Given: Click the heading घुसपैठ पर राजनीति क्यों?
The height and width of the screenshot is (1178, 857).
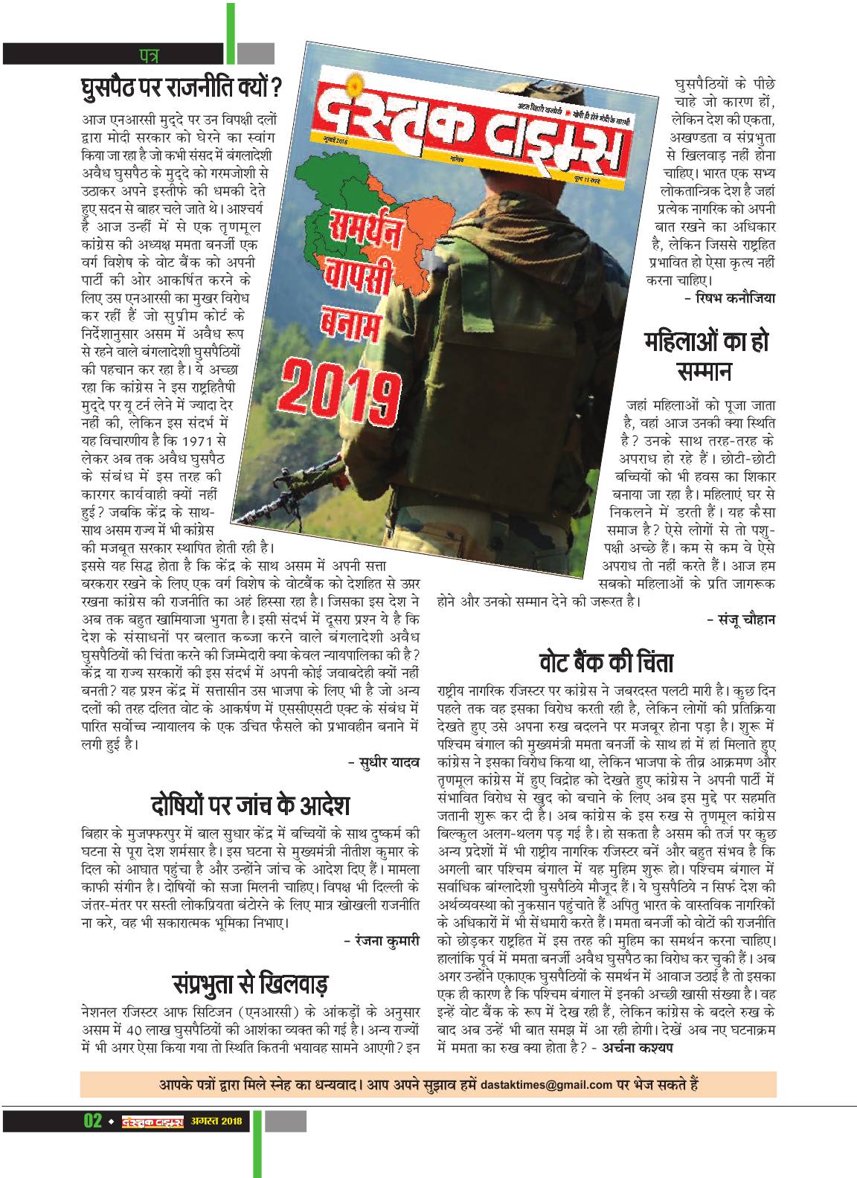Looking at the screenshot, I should point(181,90).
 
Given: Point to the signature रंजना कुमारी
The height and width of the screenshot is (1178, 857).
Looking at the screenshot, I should point(386,941).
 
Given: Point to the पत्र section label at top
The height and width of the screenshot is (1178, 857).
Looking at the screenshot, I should point(150,54).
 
